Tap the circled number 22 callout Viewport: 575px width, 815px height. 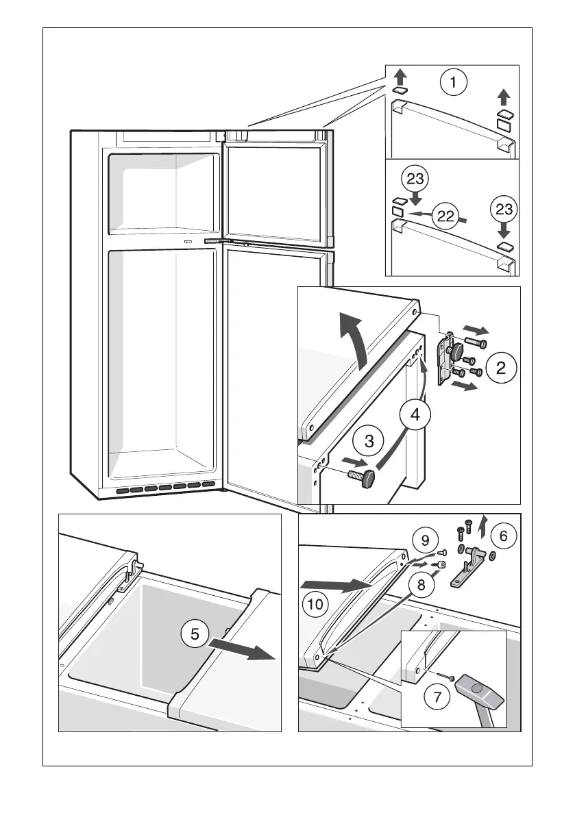(446, 217)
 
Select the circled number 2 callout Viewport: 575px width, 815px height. (501, 368)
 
